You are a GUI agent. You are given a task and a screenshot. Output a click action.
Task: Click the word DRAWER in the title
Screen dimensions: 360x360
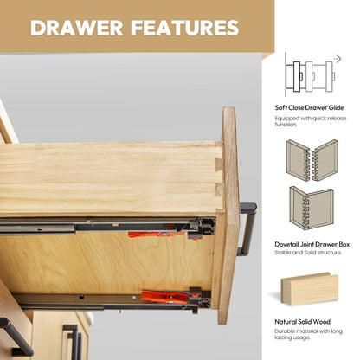point(77,28)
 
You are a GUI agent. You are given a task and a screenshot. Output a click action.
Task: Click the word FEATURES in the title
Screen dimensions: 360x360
point(185,28)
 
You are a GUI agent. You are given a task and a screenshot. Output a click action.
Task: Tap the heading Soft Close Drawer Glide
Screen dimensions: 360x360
point(309,108)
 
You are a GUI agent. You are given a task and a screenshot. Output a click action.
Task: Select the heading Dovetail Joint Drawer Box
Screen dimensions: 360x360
point(312,244)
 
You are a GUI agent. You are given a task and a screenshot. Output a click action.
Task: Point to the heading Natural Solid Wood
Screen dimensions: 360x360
point(302,322)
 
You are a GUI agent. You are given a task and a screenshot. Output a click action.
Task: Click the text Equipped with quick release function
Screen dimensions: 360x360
point(311,121)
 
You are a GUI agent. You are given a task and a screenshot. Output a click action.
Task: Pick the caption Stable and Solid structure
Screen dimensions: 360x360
point(308,253)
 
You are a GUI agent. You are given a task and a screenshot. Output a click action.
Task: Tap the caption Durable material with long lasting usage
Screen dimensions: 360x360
point(308,334)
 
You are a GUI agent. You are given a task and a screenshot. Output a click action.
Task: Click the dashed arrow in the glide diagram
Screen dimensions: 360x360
point(337,59)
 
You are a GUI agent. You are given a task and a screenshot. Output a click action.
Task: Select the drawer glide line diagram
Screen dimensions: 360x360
point(310,74)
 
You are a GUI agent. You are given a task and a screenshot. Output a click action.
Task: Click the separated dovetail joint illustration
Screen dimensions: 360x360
point(312,160)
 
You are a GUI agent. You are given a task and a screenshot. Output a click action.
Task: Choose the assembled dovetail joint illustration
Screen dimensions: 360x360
point(312,208)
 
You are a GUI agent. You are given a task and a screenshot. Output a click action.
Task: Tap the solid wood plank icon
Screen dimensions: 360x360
point(309,288)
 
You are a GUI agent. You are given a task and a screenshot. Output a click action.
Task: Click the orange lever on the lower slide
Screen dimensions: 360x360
point(166,297)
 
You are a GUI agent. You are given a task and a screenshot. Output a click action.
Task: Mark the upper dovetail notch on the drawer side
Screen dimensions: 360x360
point(218,164)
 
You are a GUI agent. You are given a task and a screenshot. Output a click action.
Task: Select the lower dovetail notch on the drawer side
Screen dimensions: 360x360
point(219,190)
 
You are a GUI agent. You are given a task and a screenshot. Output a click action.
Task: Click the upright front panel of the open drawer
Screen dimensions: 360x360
point(228,215)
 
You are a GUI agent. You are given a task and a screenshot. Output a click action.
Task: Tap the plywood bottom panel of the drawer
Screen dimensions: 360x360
point(106,262)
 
